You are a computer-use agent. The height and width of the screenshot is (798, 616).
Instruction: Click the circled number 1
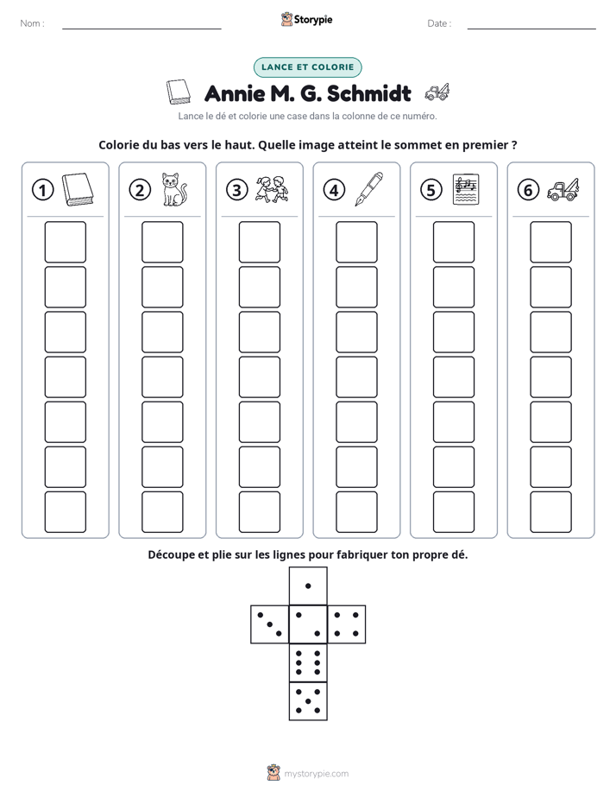coord(42,190)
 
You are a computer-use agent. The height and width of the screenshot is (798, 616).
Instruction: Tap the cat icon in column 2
coord(173,189)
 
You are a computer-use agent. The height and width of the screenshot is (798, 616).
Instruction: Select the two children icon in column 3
coord(272,190)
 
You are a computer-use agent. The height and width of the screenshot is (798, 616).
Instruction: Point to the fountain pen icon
coord(368,189)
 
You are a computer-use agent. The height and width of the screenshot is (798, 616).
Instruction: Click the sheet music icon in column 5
coord(466,189)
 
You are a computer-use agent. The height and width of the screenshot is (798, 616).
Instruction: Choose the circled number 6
coord(528,190)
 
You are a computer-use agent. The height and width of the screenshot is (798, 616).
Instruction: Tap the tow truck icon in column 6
coord(563,189)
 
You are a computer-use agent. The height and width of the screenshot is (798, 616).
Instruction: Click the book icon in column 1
coord(78,190)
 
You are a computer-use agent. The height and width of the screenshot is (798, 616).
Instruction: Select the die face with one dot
coord(308,586)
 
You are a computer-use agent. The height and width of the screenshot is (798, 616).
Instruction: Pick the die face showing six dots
coord(308,662)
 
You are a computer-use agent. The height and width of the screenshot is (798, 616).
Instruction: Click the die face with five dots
coord(308,701)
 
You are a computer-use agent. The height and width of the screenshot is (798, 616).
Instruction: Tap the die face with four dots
coord(347,624)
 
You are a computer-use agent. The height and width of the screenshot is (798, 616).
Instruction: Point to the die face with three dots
coord(270,624)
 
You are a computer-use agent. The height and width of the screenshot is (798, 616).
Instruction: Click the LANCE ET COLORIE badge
coord(307,67)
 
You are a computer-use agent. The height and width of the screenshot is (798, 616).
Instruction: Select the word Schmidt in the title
coord(369,93)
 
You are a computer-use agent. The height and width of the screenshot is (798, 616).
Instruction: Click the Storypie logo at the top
coord(306,19)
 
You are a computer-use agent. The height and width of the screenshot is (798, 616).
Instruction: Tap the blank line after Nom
coord(141,28)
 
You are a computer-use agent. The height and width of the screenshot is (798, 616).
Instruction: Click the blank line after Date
coord(531,28)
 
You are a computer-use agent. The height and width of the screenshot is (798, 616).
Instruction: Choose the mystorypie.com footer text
coord(316,774)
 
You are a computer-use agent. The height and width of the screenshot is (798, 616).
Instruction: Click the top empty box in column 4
coord(357,242)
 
